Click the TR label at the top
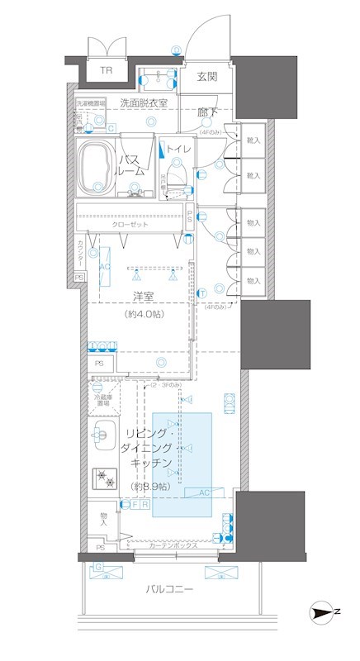106,71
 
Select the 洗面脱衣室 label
144,103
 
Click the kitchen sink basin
102,431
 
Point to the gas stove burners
105,478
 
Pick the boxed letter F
134,503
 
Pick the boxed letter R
144,503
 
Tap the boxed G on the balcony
98,567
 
